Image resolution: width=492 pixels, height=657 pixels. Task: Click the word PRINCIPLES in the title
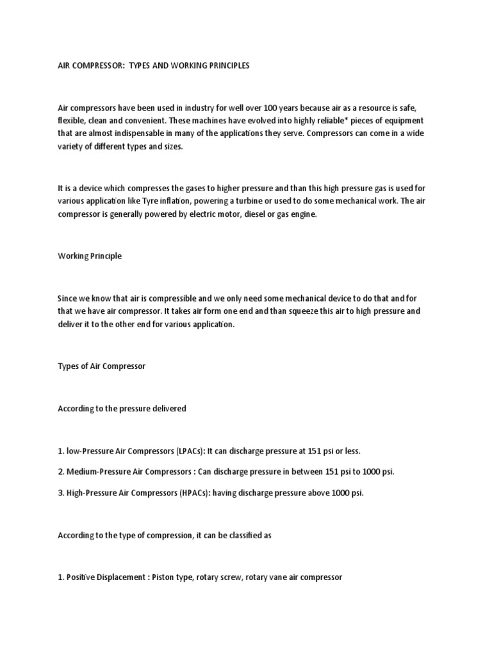pyautogui.click(x=221, y=66)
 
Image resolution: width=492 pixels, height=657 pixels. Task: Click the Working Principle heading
pyautogui.click(x=89, y=255)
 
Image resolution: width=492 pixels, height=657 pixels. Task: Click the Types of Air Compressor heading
pyautogui.click(x=102, y=366)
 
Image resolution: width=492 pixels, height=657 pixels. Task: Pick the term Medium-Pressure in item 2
pyautogui.click(x=99, y=472)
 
